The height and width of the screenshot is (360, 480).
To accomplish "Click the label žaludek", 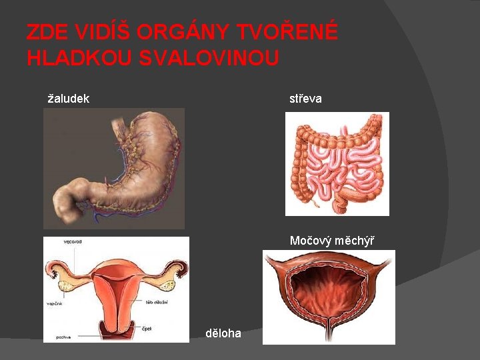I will pyautogui.click(x=69, y=99).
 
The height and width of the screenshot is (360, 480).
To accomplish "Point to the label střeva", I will pyautogui.click(x=305, y=99).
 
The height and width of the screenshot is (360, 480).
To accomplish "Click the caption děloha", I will pyautogui.click(x=223, y=333).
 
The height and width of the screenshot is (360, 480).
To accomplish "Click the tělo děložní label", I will pyautogui.click(x=157, y=302).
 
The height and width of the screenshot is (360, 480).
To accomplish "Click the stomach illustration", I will pyautogui.click(x=117, y=167).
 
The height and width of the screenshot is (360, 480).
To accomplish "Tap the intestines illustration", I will pyautogui.click(x=337, y=163).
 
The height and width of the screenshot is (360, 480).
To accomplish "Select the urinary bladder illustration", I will pyautogui.click(x=329, y=297).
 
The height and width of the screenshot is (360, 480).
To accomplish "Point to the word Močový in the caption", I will pyautogui.click(x=307, y=240).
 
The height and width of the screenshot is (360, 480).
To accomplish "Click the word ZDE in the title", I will pyautogui.click(x=45, y=32).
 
